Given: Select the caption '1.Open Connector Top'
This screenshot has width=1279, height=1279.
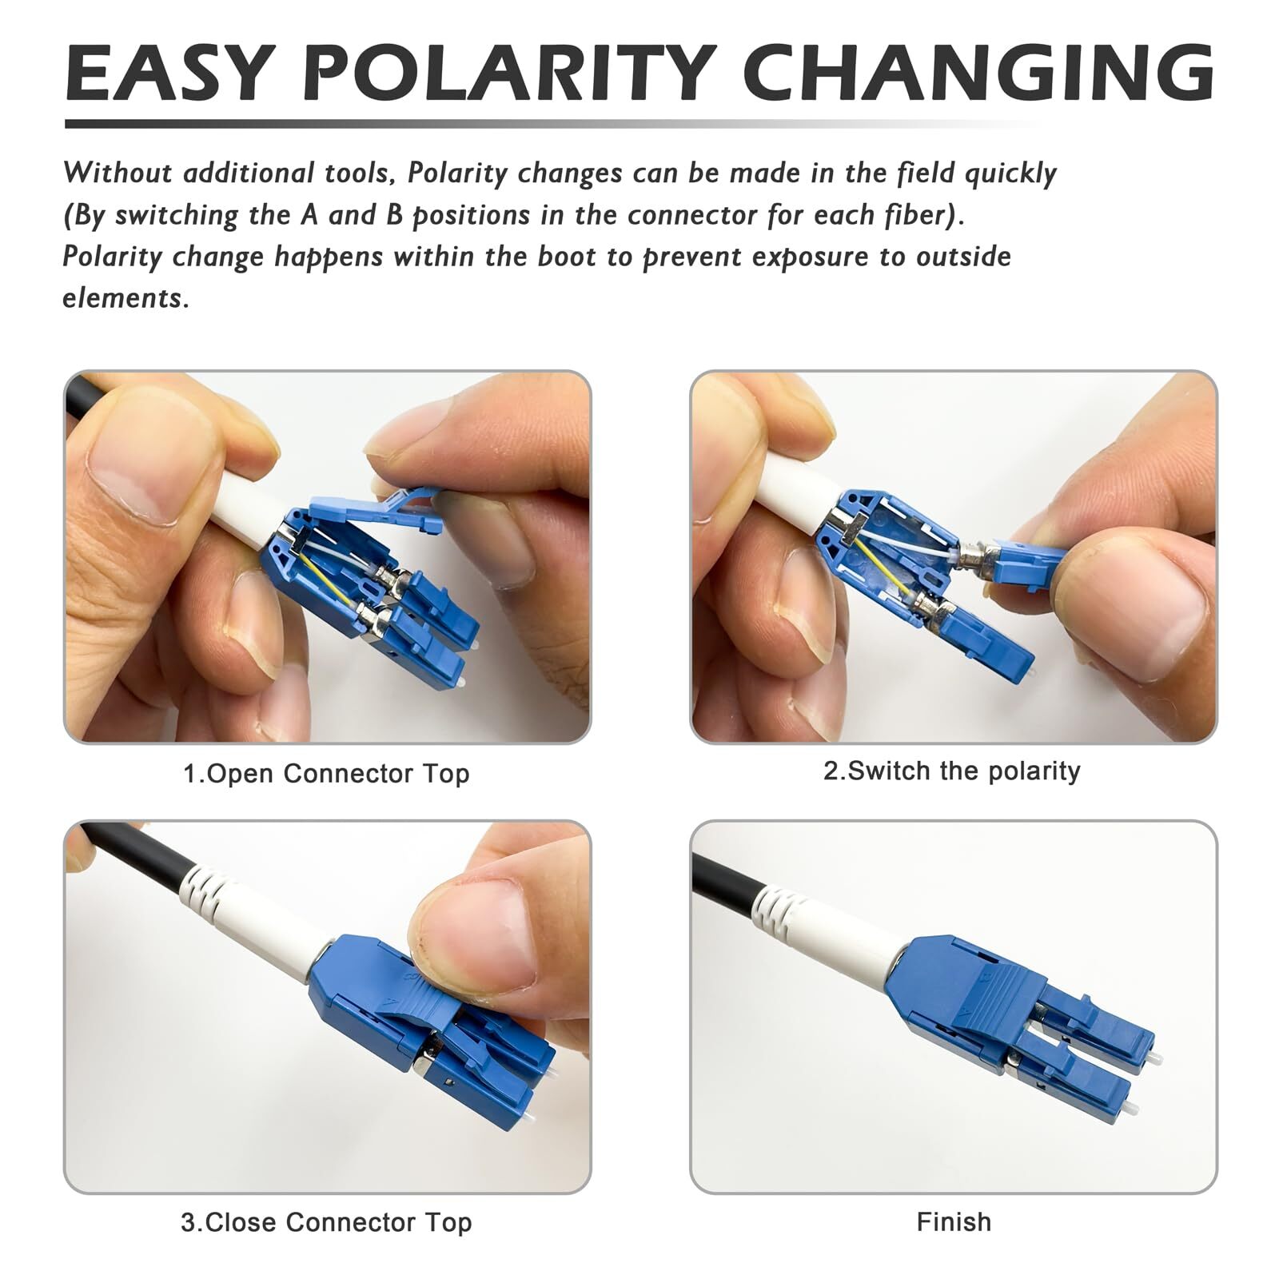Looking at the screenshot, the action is point(326,774).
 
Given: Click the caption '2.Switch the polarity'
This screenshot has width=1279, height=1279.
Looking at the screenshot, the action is point(952,771).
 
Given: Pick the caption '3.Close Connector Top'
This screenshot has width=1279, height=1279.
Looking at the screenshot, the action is point(326,1222).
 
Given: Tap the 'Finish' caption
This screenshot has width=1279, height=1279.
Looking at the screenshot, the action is point(954,1222).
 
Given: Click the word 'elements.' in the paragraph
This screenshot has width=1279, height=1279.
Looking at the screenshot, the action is point(126,298).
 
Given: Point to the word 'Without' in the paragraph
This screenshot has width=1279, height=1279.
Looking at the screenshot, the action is point(118,173).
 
